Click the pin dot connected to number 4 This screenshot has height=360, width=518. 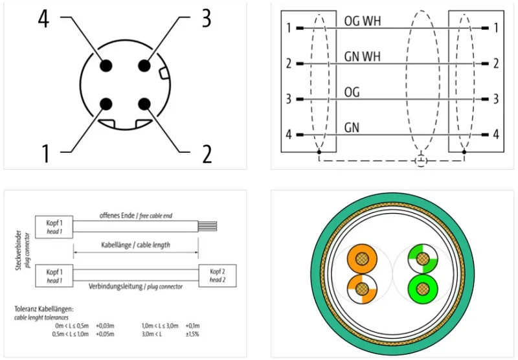pos(106,66)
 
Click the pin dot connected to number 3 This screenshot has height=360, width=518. pos(144,66)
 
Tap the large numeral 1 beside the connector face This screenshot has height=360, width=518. pos(45,153)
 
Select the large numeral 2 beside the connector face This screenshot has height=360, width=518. pos(207,154)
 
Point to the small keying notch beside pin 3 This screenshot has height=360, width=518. pos(164,74)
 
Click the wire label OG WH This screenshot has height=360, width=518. pos(363,21)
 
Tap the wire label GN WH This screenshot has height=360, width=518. pos(363,57)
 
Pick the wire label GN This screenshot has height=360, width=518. pos(352,128)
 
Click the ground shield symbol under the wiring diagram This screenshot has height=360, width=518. pos(421,161)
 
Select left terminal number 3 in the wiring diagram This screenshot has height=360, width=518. pos(289,99)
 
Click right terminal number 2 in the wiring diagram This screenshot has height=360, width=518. pos(496,63)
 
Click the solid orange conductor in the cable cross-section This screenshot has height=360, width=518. pos(363,259)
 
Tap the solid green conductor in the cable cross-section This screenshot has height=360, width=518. pos(423,289)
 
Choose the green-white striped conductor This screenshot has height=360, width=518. pos(423,259)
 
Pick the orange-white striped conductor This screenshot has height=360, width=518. pos(363,289)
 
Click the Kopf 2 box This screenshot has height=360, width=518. pos(218,275)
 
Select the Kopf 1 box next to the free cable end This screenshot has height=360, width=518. pos(54,227)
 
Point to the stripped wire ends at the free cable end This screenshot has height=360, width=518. pos(207,226)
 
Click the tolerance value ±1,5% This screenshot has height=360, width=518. pos(192,334)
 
